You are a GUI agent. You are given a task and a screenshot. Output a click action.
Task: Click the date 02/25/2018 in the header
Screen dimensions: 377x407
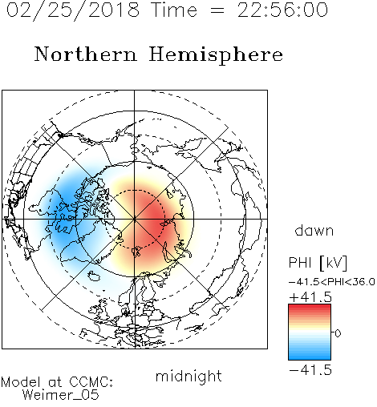click(73, 10)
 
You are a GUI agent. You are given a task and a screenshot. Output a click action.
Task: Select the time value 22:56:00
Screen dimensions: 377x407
click(282, 10)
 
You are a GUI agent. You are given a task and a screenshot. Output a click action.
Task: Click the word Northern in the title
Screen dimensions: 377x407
click(86, 54)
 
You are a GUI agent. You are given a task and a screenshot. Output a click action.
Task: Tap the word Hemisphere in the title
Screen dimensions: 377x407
click(216, 55)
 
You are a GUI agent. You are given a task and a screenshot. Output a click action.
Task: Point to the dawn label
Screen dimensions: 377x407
click(314, 230)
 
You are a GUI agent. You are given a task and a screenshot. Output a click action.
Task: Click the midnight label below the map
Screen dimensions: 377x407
click(188, 376)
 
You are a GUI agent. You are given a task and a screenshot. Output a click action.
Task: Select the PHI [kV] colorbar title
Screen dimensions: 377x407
click(318, 263)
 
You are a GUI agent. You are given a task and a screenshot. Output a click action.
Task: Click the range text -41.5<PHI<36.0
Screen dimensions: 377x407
click(332, 282)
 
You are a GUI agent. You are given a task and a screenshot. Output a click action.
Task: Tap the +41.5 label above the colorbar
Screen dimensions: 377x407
click(310, 297)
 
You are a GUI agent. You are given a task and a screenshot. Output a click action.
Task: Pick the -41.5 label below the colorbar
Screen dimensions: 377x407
click(310, 370)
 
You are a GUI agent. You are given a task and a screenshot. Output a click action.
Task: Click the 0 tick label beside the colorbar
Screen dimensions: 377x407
click(338, 333)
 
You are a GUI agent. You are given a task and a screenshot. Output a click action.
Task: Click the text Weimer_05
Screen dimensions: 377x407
click(61, 395)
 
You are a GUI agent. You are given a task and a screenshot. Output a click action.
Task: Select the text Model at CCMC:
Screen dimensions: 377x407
click(57, 382)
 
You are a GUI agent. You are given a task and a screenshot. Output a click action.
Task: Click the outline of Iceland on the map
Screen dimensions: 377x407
click(94, 276)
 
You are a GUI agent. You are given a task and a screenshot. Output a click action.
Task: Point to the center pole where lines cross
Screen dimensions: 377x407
click(135, 220)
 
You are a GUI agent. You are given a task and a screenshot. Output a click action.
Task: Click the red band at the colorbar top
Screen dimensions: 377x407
click(310, 308)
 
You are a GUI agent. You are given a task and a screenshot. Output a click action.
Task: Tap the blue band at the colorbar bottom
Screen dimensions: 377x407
click(310, 357)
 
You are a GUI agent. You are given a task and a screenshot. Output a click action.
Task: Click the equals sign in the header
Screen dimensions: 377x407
click(217, 11)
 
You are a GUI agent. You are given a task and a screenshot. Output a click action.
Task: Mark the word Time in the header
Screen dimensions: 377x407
click(174, 10)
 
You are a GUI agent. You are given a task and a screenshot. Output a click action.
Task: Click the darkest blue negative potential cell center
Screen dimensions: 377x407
click(66, 207)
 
